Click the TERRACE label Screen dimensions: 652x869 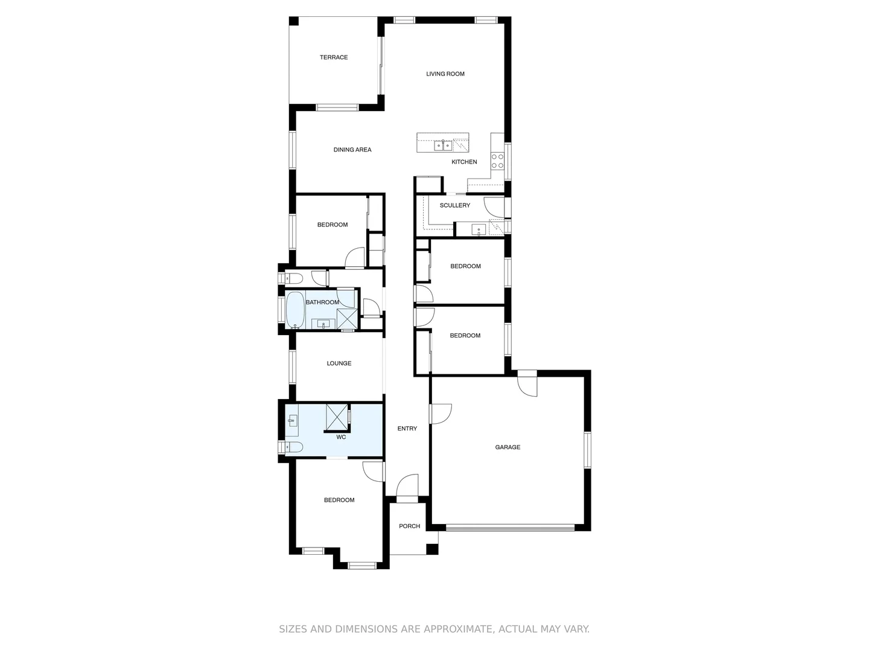click(334, 57)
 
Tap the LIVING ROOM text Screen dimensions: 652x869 click(445, 74)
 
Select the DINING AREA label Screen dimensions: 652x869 click(352, 150)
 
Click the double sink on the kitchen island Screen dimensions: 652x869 click(443, 145)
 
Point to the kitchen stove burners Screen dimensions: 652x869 click(497, 161)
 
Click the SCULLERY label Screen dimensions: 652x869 click(455, 205)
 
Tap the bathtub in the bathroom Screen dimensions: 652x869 click(295, 310)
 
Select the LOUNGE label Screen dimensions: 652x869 click(339, 363)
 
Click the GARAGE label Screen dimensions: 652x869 click(508, 447)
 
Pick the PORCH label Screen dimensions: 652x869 click(409, 526)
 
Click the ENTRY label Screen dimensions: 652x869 click(407, 429)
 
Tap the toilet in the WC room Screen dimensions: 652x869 click(293, 447)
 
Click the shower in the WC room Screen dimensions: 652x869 click(337, 416)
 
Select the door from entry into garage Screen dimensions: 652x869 click(440, 414)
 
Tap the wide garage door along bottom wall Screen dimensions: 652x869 click(510, 528)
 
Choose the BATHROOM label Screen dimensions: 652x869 click(322, 302)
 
